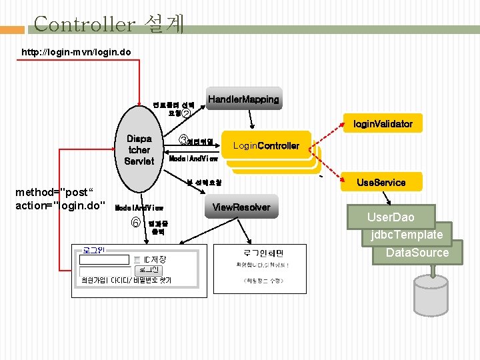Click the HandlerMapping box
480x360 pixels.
tap(243, 99)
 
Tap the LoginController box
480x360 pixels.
tap(266, 146)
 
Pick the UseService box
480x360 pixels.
tap(381, 181)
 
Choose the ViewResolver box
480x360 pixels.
tap(241, 207)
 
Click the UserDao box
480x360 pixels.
tap(390, 217)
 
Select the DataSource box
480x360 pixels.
tap(417, 253)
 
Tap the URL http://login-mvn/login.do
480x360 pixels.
tap(76, 51)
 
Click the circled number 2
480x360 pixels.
tap(186, 113)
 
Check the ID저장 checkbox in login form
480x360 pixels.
tap(136, 259)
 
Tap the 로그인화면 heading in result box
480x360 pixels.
tap(263, 253)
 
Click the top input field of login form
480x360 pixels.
tap(103, 259)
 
